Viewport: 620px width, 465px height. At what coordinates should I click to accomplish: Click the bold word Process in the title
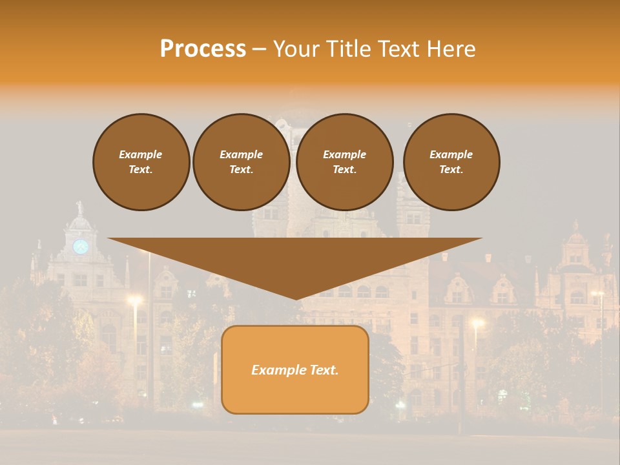point(203,49)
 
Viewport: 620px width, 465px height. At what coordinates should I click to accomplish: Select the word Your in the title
point(294,49)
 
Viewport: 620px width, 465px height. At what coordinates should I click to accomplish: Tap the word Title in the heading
point(346,49)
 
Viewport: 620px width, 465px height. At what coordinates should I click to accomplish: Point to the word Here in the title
point(452,49)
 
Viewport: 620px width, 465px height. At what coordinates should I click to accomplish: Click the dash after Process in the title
point(260,50)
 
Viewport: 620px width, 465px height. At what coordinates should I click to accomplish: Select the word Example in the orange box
point(276,370)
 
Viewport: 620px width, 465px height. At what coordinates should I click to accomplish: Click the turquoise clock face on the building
point(80,246)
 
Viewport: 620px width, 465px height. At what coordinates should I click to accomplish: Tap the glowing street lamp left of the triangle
point(135,300)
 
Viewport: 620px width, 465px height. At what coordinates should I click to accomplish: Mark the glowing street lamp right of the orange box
point(477,322)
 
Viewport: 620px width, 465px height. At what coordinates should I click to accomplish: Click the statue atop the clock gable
point(80,207)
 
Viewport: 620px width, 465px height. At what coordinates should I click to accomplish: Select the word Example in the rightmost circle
point(451,154)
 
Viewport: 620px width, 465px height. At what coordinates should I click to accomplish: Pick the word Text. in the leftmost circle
point(141,169)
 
